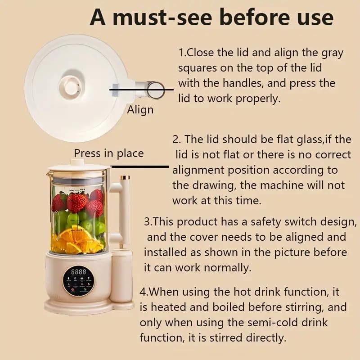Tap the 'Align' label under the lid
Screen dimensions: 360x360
point(140,110)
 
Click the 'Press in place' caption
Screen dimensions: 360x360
point(109,153)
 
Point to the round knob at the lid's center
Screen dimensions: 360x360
point(72,87)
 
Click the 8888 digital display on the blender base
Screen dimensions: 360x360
point(79,273)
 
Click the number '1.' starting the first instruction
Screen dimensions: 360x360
point(182,53)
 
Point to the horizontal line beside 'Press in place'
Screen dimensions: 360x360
point(140,166)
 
